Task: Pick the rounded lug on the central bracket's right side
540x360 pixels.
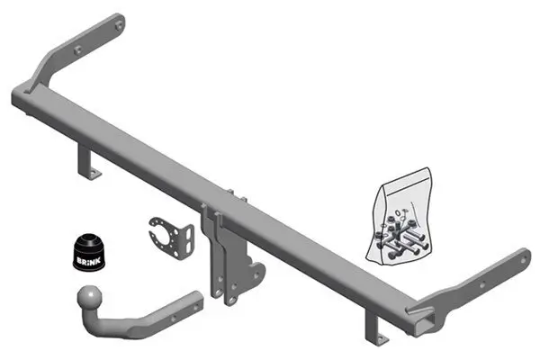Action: tap(256, 271)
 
